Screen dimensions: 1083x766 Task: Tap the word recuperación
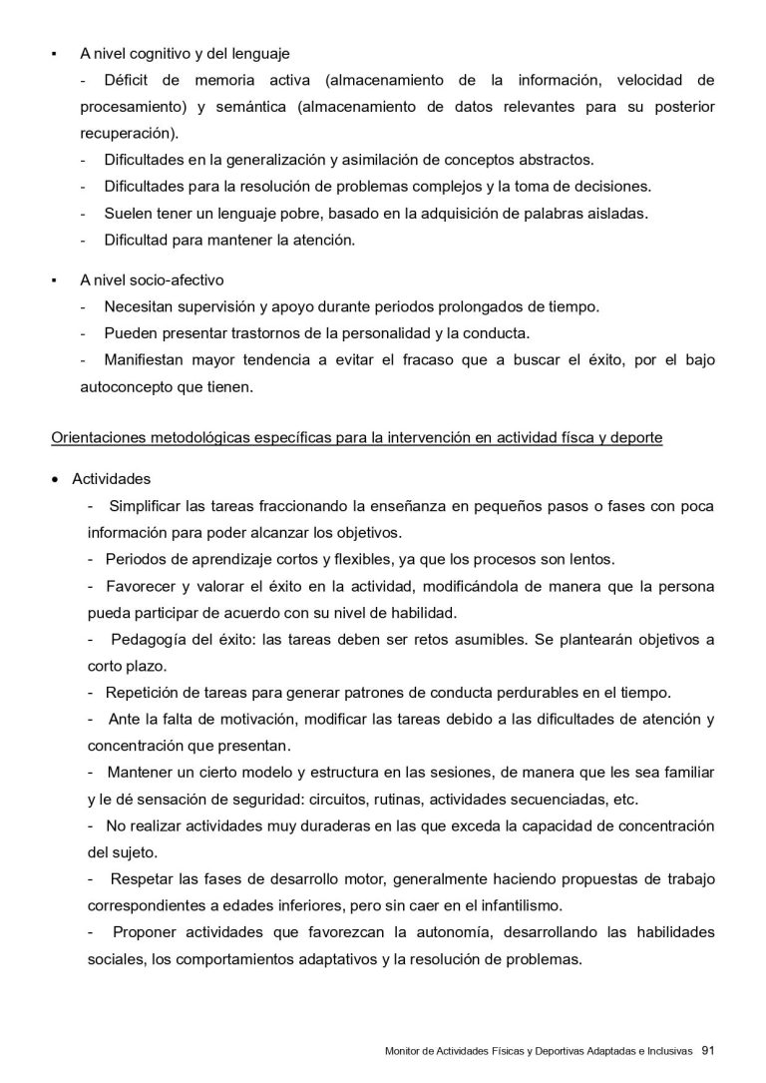click(129, 132)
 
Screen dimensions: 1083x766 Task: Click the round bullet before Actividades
click(56, 480)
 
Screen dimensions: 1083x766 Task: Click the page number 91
click(709, 1050)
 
